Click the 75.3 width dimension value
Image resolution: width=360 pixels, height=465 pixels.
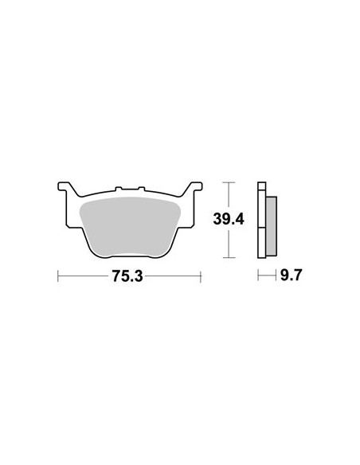pos(127,276)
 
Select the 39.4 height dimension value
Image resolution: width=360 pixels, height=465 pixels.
pos(229,220)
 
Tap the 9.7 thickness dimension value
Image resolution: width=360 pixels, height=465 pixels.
pos(291,275)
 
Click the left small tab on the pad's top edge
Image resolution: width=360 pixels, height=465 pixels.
pos(119,189)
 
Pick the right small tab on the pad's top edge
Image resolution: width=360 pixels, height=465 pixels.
pos(142,189)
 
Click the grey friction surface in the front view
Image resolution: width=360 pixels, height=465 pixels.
pos(131,226)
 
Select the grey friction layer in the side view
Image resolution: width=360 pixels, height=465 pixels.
pos(272,226)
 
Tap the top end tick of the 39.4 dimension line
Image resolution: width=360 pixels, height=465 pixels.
pos(229,182)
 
